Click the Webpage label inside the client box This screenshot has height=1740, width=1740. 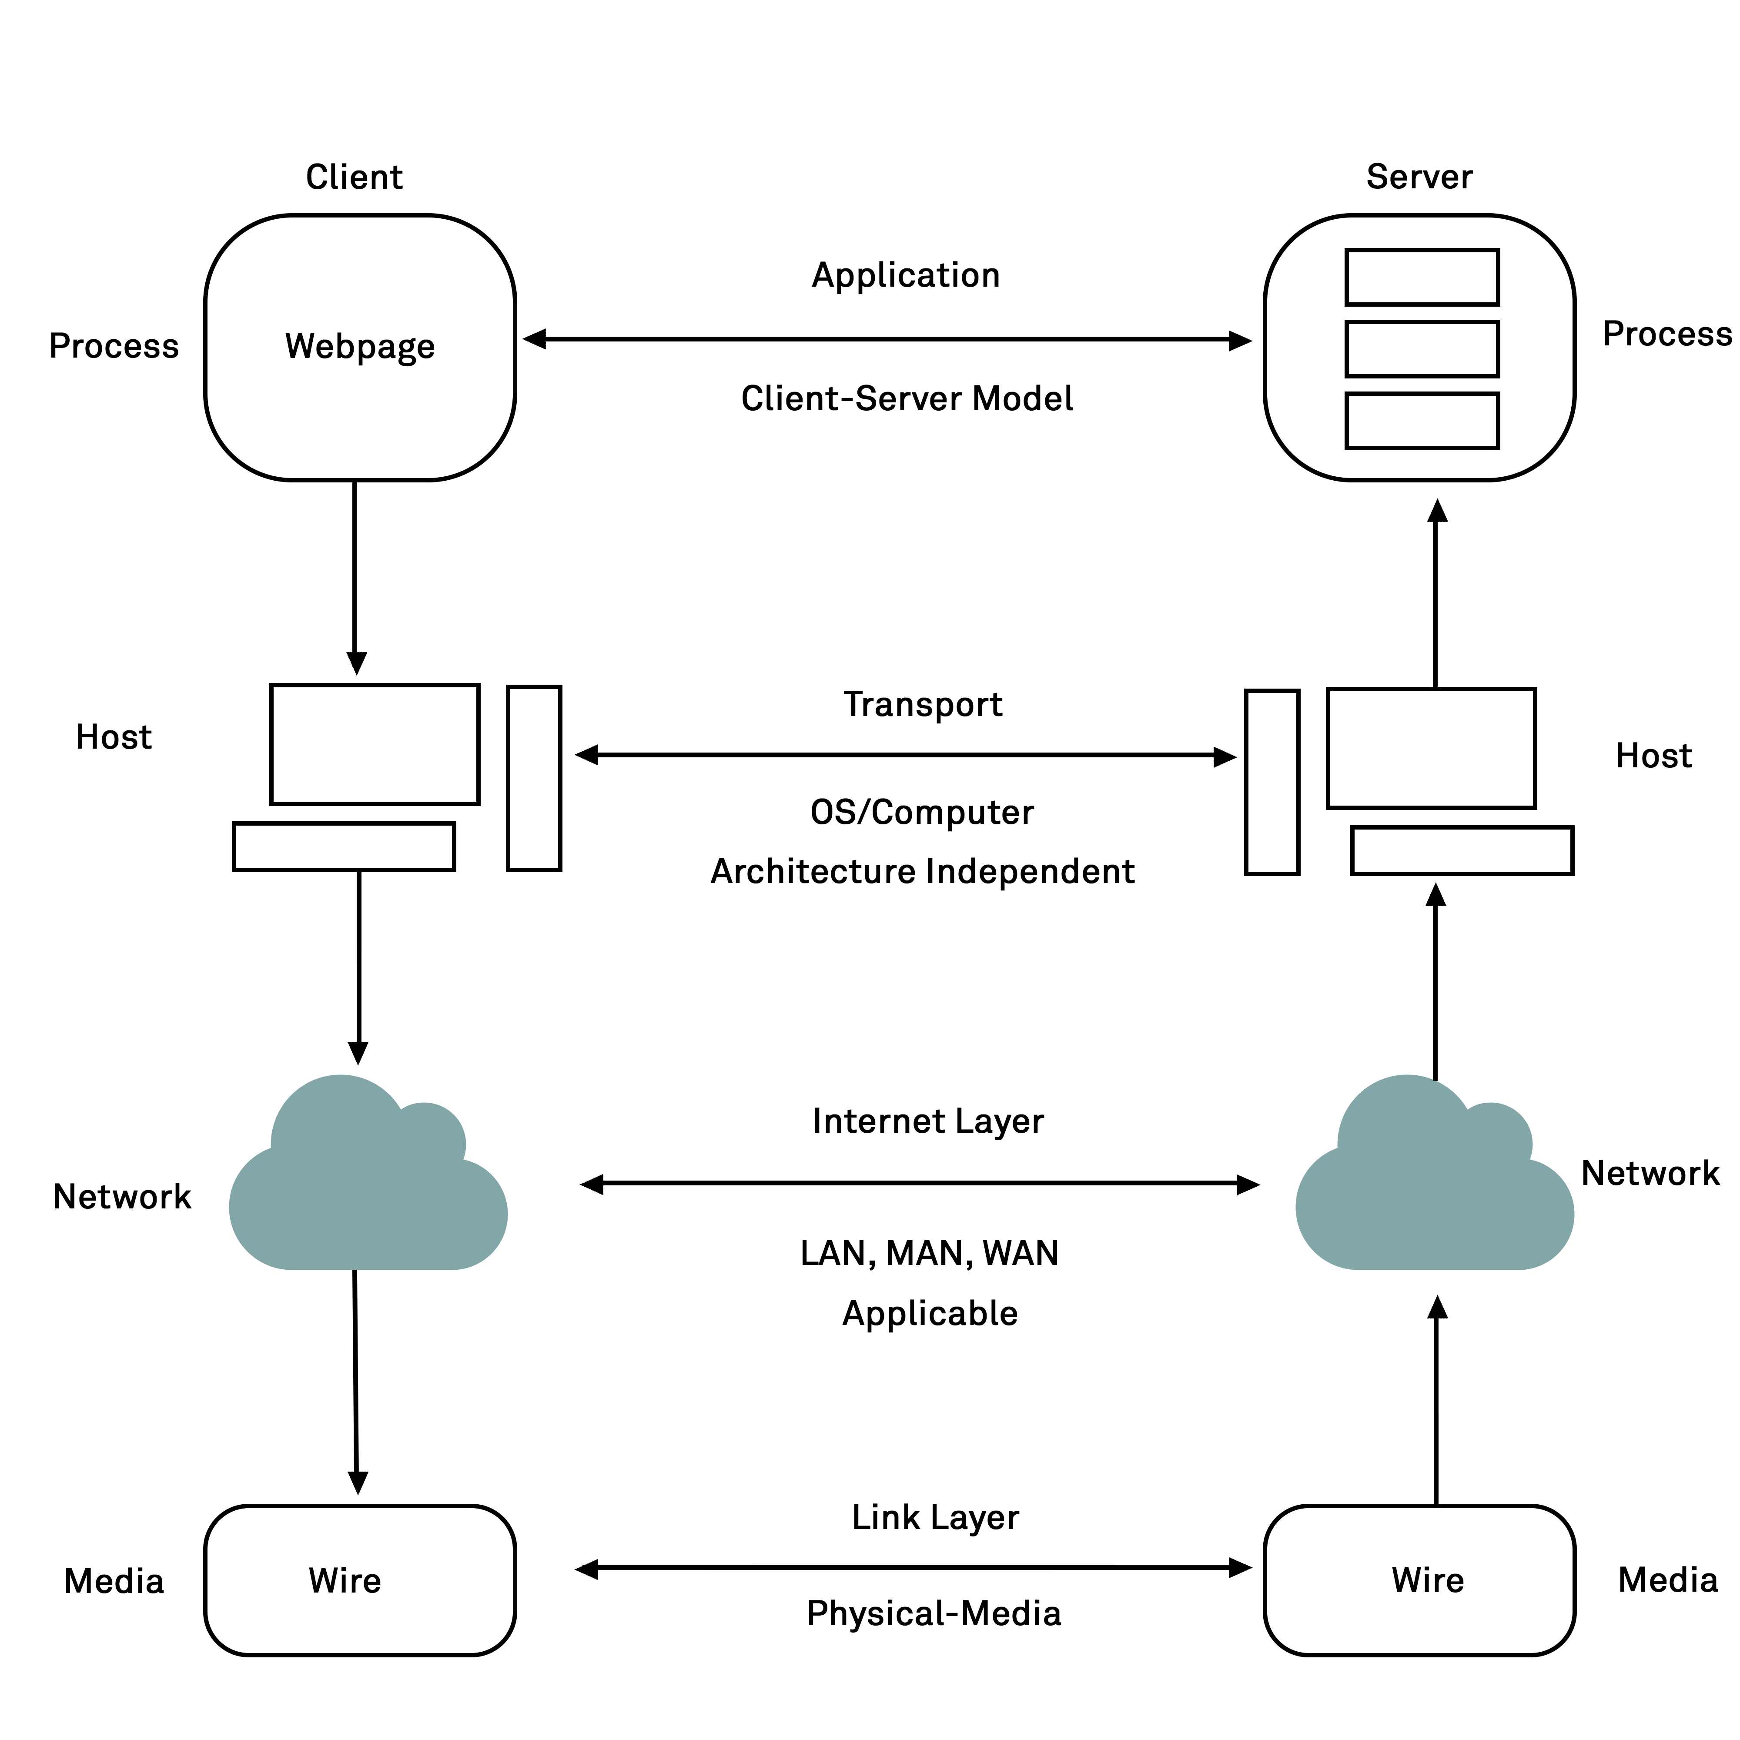pos(359,347)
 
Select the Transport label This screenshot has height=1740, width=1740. pos(922,704)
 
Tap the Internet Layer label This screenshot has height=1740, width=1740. pos(928,1121)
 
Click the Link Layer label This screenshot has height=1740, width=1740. pos(935,1518)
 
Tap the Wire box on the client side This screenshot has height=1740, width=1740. pos(359,1581)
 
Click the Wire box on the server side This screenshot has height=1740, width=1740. pos(1419,1581)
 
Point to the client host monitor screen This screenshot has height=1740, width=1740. pos(375,744)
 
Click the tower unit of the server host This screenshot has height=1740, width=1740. pos(1272,782)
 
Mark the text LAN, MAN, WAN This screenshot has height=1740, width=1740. pos(930,1254)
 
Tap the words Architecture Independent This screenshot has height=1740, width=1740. pos(922,872)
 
